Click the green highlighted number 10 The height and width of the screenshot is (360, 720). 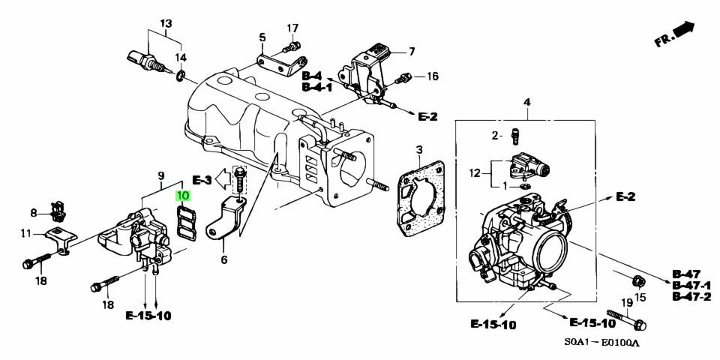click(183, 196)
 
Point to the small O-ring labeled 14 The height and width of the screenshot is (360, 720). click(181, 75)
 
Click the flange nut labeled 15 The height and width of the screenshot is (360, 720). click(637, 279)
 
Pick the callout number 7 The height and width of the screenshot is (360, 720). click(412, 52)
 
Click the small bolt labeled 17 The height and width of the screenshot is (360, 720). click(291, 46)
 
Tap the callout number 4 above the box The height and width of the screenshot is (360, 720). click(527, 102)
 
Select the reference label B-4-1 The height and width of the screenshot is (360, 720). click(316, 86)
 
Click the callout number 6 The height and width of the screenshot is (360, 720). click(223, 260)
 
